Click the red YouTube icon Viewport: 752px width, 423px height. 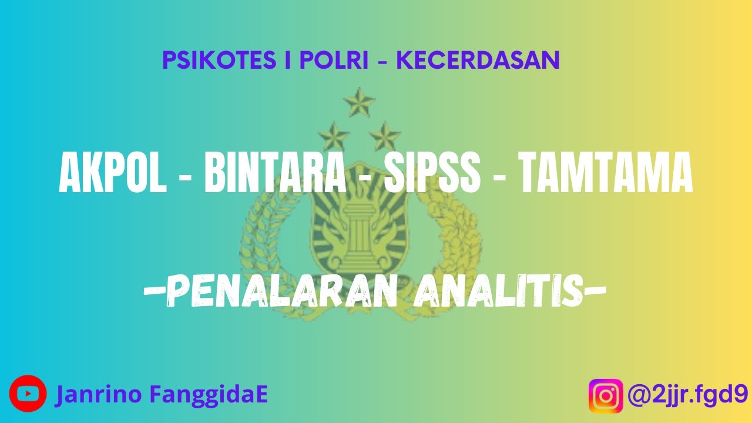tap(28, 394)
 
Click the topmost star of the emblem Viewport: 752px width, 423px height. tap(359, 104)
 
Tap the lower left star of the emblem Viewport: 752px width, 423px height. tap(335, 136)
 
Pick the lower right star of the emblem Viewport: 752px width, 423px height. tap(385, 136)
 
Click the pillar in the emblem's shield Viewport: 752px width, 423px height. tap(360, 232)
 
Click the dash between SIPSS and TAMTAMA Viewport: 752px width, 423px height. tap(501, 176)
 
